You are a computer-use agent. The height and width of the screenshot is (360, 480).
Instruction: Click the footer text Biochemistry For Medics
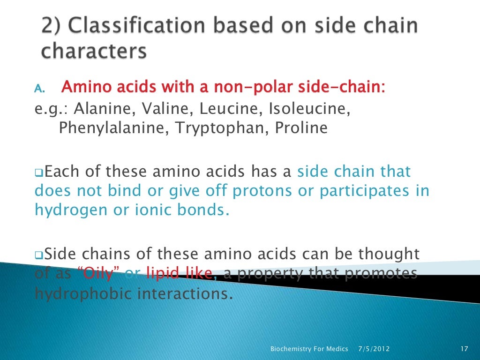click(x=309, y=349)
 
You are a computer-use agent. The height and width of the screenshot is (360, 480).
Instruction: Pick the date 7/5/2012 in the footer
click(x=374, y=349)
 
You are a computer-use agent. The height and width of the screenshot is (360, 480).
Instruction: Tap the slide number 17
click(x=465, y=349)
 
